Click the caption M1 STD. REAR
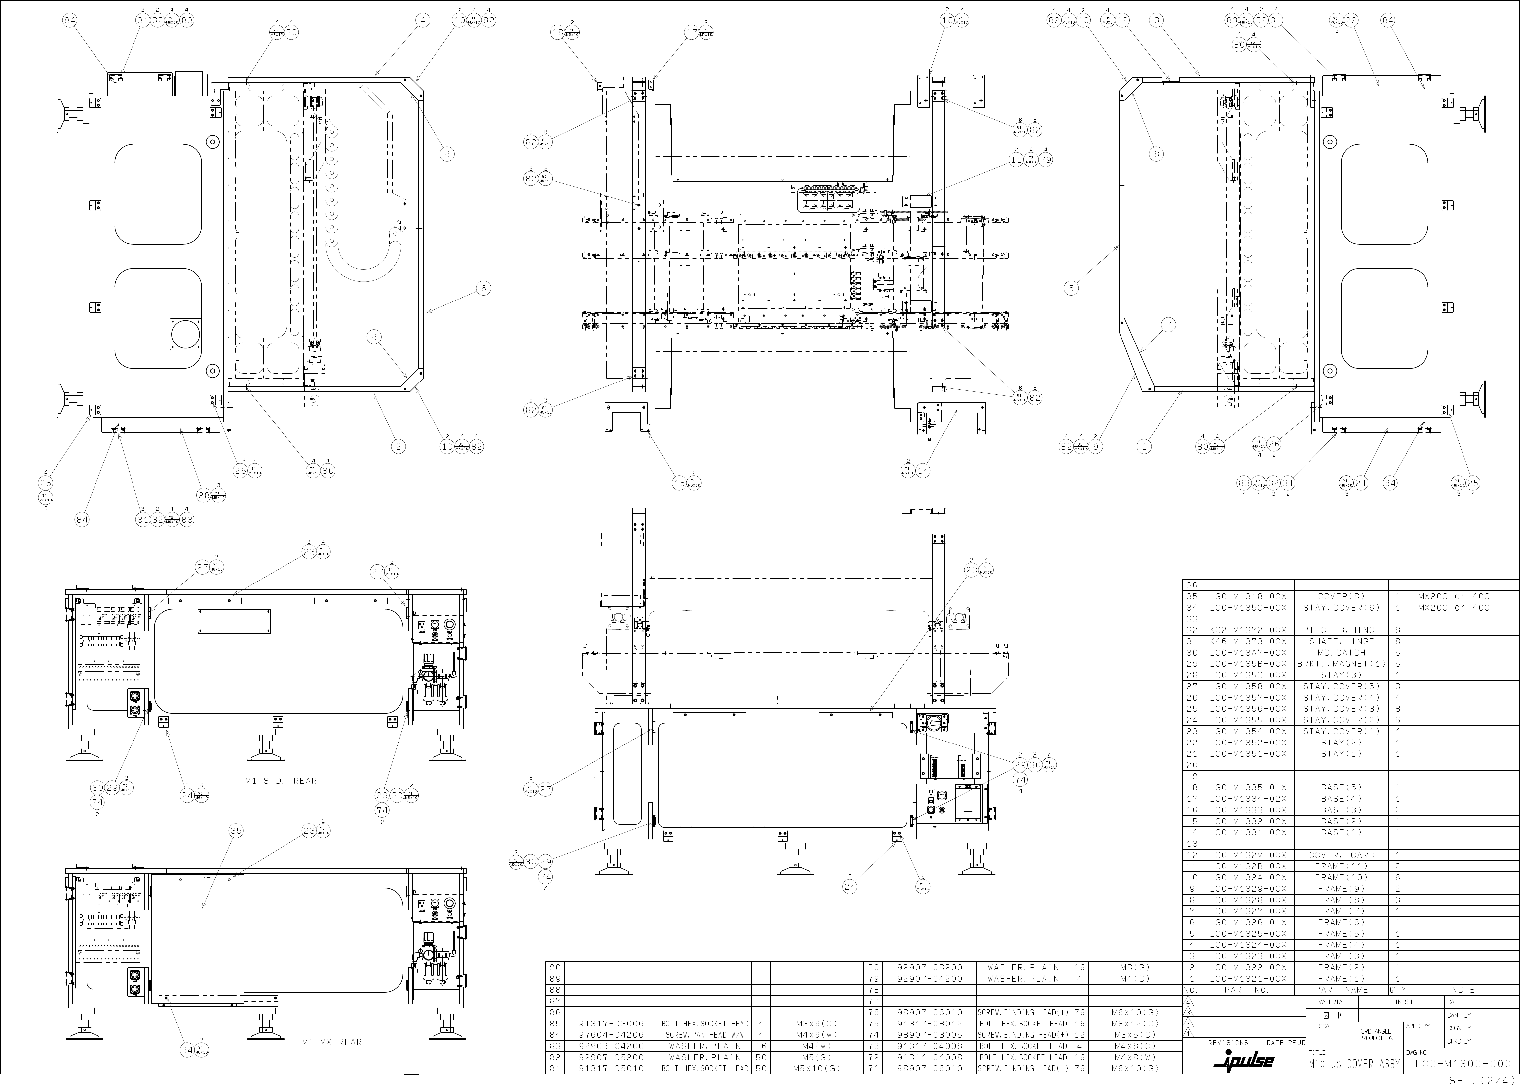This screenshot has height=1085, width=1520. point(281,780)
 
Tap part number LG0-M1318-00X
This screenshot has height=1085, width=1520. point(1247,597)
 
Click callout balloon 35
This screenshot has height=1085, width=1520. point(236,831)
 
